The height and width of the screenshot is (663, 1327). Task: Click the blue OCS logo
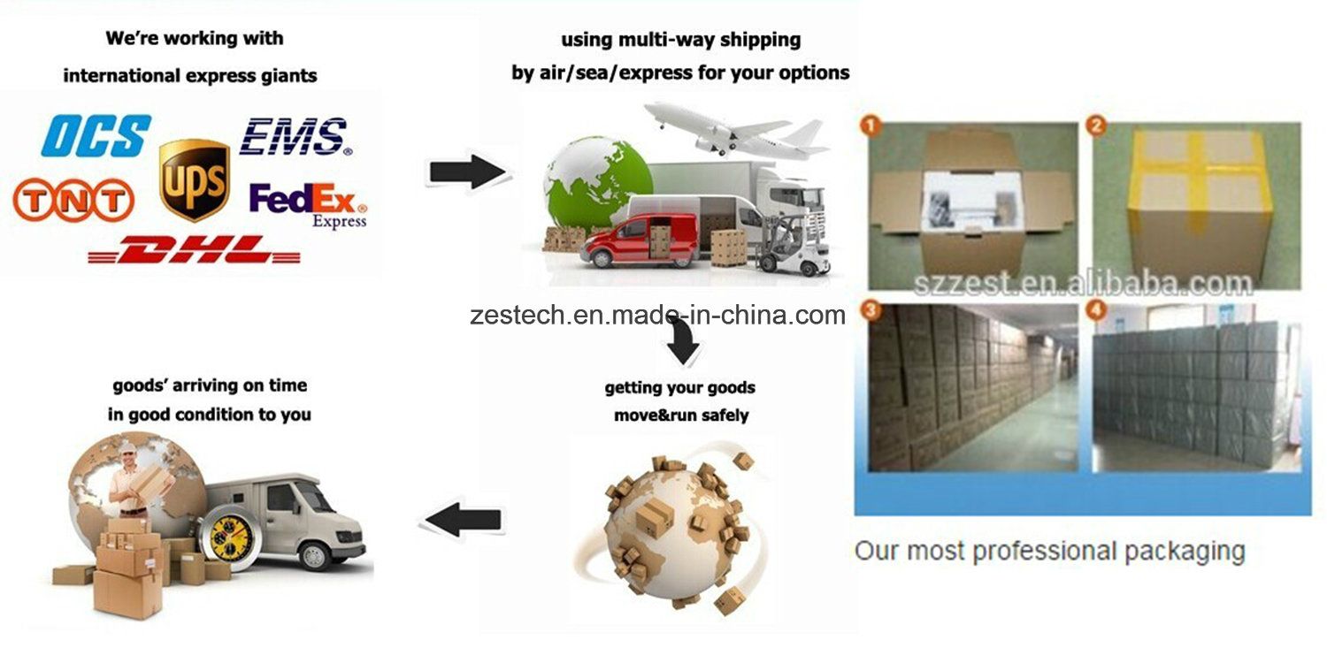96,136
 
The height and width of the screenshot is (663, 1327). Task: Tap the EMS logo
295,136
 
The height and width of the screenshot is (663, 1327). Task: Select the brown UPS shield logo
195,180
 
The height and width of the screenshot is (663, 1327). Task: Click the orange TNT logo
73,200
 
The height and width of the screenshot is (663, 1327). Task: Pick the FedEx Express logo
308,205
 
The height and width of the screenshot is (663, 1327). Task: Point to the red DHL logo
195,249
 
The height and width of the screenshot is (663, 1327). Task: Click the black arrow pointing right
467,171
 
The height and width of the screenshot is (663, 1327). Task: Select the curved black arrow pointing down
682,340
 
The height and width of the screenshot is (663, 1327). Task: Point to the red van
638,241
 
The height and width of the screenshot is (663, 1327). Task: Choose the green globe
595,184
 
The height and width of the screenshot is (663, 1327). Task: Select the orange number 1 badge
871,126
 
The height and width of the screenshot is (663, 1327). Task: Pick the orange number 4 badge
1097,309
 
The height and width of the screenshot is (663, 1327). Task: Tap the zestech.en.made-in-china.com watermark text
657,315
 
